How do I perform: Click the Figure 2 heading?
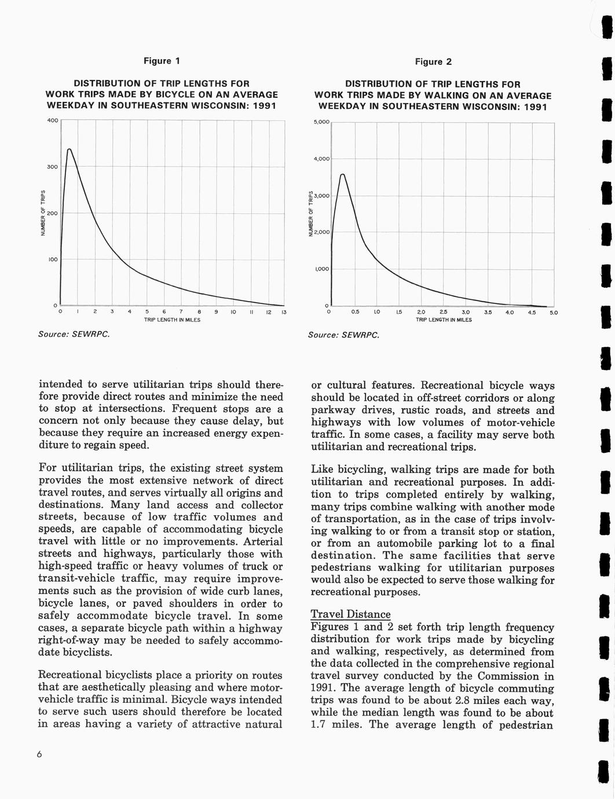(x=433, y=61)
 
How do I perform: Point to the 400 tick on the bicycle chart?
(x=52, y=120)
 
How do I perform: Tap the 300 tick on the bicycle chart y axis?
(x=52, y=167)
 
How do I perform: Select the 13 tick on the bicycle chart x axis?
(x=284, y=313)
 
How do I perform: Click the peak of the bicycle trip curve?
(x=69, y=149)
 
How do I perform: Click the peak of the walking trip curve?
(x=343, y=174)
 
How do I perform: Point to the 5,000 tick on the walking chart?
(x=321, y=122)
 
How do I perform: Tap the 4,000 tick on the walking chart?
(x=321, y=159)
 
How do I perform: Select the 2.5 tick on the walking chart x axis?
(x=443, y=313)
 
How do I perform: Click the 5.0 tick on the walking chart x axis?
(x=554, y=313)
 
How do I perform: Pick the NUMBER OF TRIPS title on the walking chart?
(x=310, y=214)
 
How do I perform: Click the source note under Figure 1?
(x=74, y=334)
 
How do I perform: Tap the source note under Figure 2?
(x=343, y=335)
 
